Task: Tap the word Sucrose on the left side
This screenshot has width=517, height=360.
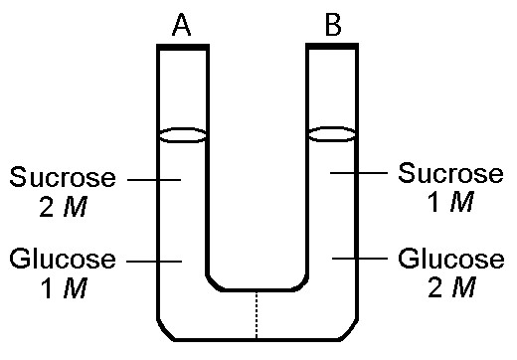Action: pos(62,179)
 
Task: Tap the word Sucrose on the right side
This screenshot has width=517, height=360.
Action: pos(450,173)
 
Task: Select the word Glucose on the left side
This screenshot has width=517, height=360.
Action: pos(62,261)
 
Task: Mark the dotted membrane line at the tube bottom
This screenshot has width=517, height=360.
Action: pos(258,313)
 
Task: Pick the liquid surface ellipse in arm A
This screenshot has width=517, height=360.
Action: pos(183,133)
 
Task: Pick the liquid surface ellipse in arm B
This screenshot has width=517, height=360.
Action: pos(331,133)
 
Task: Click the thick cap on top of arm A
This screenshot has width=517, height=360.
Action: pos(183,47)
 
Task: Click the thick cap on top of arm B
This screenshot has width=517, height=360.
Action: pos(331,46)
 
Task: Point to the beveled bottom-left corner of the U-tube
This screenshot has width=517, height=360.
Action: pos(164,329)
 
